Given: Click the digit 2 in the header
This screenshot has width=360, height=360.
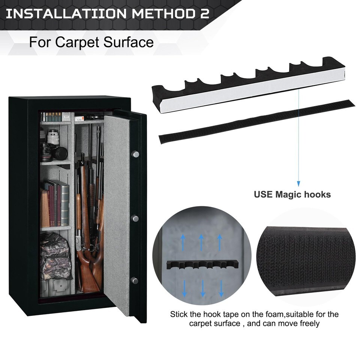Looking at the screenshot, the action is pos(204,13).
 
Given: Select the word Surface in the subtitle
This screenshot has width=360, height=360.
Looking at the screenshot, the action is pos(129,42).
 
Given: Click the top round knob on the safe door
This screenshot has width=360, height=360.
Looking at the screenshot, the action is pos(135,154).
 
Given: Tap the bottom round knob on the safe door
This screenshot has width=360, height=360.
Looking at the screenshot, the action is pos(134,280).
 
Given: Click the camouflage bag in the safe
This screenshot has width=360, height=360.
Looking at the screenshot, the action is pos(55,256).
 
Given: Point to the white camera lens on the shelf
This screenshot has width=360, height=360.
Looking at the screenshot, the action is pos(53,137).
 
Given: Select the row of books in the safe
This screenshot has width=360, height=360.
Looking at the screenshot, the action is pos(55,203).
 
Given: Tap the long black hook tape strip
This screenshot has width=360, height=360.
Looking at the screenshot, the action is pos(256,121).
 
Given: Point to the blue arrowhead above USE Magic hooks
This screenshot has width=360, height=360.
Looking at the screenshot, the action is pos(298,184).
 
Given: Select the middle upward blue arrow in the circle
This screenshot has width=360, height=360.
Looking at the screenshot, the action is pos(201,242).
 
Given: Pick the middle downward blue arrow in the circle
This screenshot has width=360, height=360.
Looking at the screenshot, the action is pos(202,288).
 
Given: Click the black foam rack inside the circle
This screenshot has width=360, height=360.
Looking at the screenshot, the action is pos(202,265).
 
